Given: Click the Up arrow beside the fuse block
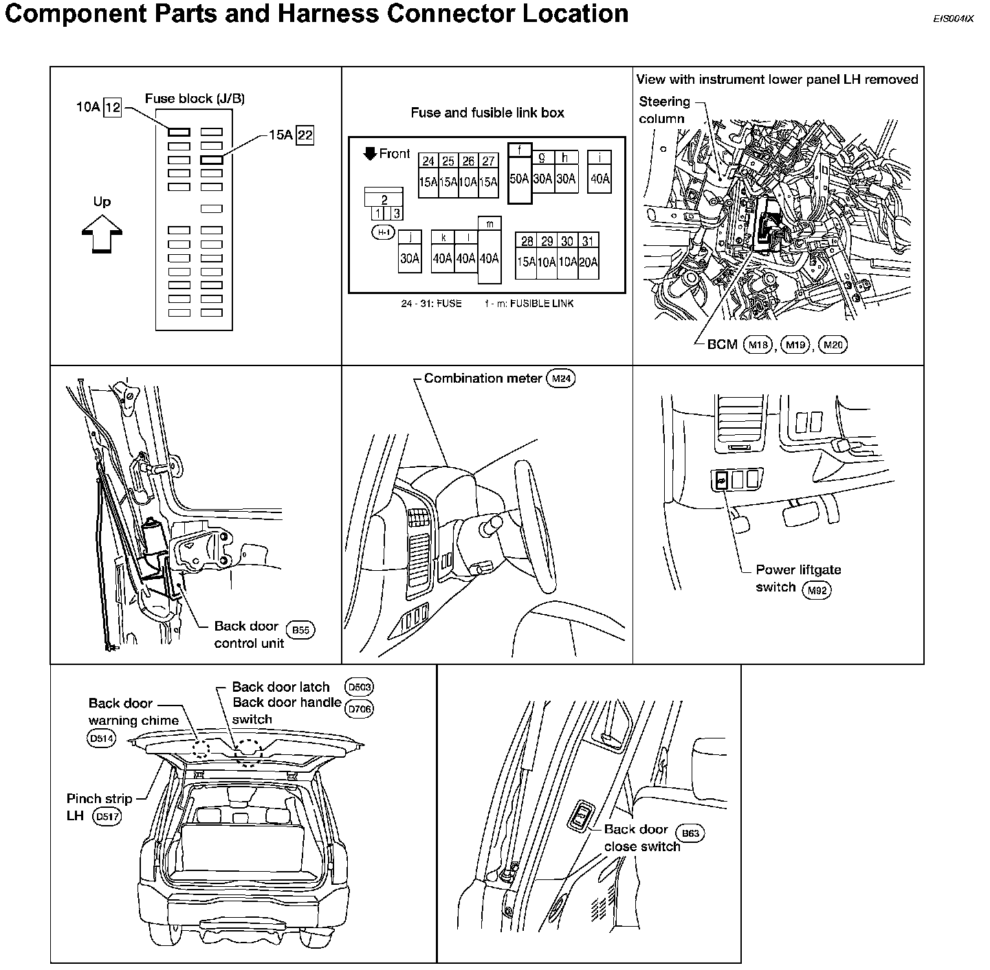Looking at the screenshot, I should pyautogui.click(x=102, y=234).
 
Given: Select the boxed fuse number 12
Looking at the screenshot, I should pyautogui.click(x=113, y=107).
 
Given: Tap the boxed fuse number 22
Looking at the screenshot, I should pyautogui.click(x=305, y=135).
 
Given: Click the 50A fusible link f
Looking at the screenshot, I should pyautogui.click(x=519, y=179).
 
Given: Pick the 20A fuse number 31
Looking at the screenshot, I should pyautogui.click(x=588, y=262).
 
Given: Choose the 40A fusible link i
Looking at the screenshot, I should pyautogui.click(x=600, y=179).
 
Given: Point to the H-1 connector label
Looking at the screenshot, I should pyautogui.click(x=383, y=233).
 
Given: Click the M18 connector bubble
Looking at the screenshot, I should pyautogui.click(x=758, y=345).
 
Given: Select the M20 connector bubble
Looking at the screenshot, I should pyautogui.click(x=833, y=345).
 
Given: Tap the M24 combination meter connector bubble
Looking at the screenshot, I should pyautogui.click(x=560, y=379).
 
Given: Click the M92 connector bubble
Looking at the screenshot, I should pyautogui.click(x=817, y=589).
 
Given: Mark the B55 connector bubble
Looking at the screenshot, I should pyautogui.click(x=300, y=629).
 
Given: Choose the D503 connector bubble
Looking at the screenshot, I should pyautogui.click(x=360, y=687).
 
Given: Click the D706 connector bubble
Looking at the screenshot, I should pyautogui.click(x=360, y=709).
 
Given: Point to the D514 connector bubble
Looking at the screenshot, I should pyautogui.click(x=102, y=739).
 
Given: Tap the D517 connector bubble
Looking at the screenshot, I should pyautogui.click(x=107, y=817).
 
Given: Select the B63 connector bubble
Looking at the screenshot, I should pyautogui.click(x=690, y=833).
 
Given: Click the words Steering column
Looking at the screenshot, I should pyautogui.click(x=663, y=110).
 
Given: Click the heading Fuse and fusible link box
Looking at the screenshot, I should pyautogui.click(x=487, y=113).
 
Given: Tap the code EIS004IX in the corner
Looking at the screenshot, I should pyautogui.click(x=953, y=19).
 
